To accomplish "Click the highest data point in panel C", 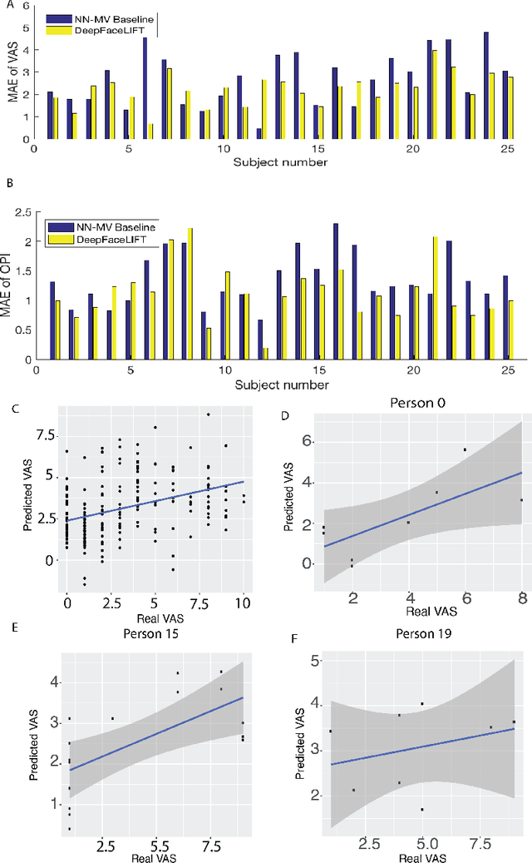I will coord(209,414).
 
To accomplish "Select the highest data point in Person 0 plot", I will coord(465,449).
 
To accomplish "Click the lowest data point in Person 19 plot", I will coord(422,809).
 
